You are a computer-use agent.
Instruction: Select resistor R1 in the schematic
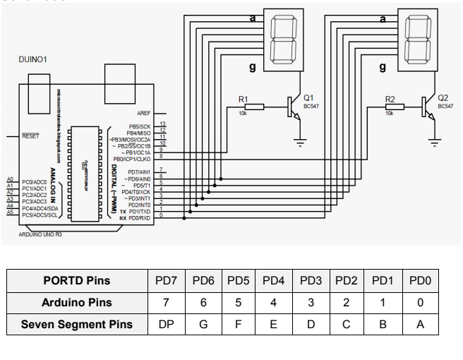[x=253, y=107]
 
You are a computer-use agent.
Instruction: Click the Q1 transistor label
[x=308, y=97]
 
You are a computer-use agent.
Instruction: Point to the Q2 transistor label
[x=443, y=97]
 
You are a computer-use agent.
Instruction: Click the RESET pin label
[x=31, y=136]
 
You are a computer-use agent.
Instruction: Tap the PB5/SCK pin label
[x=140, y=125]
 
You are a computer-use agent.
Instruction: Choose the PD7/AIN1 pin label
[x=139, y=172]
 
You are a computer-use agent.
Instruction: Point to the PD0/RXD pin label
[x=138, y=218]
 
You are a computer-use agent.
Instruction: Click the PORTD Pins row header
[x=76, y=281]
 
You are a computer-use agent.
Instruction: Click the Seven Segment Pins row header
[x=76, y=325]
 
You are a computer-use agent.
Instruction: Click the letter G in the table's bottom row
[x=204, y=325]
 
